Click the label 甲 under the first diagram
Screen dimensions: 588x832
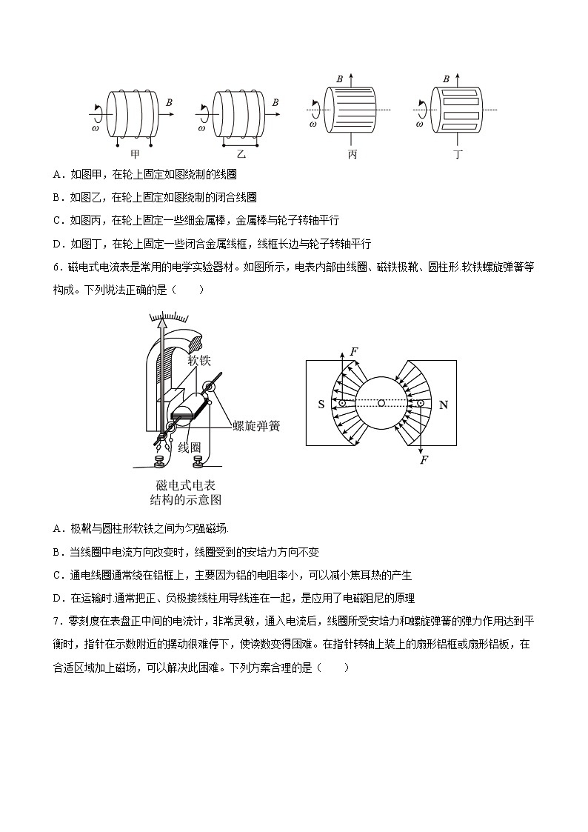(x=135, y=155)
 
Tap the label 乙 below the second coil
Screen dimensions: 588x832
(x=241, y=155)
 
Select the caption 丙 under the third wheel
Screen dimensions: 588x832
(x=353, y=155)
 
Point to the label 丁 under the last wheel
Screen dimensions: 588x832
(x=459, y=155)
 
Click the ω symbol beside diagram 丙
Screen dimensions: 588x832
(x=313, y=124)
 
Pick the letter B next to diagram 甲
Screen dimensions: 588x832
(x=170, y=102)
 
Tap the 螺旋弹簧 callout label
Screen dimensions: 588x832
(x=255, y=425)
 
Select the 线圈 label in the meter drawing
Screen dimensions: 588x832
(x=190, y=447)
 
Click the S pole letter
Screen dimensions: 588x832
(x=321, y=405)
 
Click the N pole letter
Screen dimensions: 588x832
(x=444, y=405)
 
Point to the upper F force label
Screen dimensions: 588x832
(x=354, y=351)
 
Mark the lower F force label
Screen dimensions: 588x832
(x=424, y=460)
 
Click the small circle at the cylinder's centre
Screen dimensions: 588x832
(x=381, y=404)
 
